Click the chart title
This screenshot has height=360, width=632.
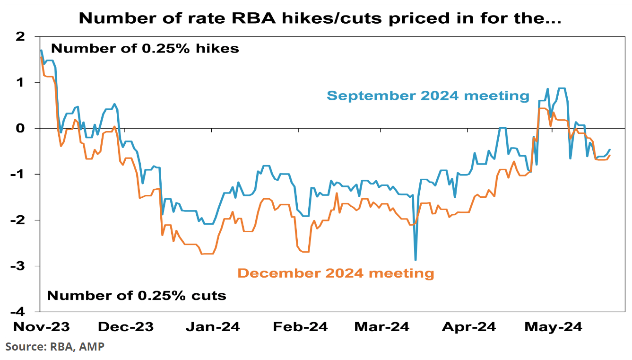[x=316, y=18]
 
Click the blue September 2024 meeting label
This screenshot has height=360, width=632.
[x=428, y=96]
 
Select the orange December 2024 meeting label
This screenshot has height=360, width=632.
[x=336, y=273]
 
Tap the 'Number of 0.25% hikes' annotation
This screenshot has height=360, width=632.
[x=145, y=48]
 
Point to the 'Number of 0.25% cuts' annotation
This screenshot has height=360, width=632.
[x=137, y=296]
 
